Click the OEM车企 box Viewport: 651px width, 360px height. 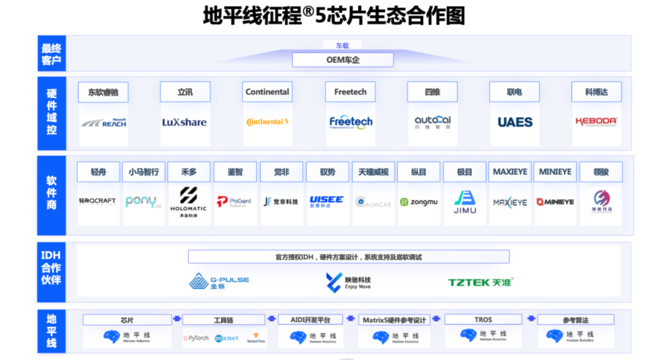click(342, 60)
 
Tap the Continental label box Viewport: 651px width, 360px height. click(267, 92)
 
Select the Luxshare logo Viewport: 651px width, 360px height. click(184, 122)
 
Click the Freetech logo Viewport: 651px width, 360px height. click(351, 122)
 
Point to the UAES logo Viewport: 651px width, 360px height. click(515, 122)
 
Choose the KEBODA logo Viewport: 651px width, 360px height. click(596, 122)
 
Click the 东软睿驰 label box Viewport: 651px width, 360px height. click(103, 92)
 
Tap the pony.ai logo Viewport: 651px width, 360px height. click(143, 202)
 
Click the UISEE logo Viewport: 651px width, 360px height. click(327, 201)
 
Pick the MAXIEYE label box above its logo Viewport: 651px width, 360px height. click(510, 172)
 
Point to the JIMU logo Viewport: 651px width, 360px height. click(465, 202)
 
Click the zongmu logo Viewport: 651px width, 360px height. click(419, 202)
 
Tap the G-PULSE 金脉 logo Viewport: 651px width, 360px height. click(219, 282)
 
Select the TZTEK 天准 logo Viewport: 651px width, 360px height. click(480, 282)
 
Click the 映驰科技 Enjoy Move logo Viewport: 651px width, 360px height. click(348, 282)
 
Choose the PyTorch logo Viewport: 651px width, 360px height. click(196, 338)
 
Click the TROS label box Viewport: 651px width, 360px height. click(483, 320)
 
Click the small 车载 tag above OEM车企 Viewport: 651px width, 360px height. click(342, 45)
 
